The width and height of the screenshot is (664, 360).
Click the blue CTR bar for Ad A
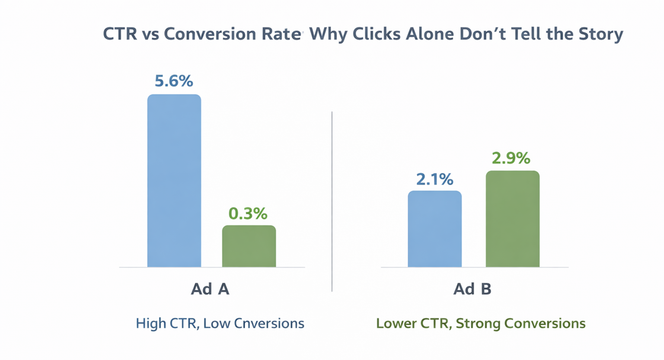174,181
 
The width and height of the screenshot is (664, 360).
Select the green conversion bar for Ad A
249,246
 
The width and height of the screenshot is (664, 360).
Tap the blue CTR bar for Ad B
434,229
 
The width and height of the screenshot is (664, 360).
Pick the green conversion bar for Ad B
513,219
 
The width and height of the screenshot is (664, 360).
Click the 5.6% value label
174,81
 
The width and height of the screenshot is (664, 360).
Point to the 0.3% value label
248,213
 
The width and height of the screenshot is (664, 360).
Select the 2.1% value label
434,179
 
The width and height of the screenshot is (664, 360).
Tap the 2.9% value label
511,158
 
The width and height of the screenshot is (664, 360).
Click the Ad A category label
210,289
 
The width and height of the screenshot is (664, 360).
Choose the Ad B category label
472,289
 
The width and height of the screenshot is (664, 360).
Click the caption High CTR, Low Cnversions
220,323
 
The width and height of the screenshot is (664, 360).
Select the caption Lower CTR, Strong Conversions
481,323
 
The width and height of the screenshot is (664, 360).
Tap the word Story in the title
601,34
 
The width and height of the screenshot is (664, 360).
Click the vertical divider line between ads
332,201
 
